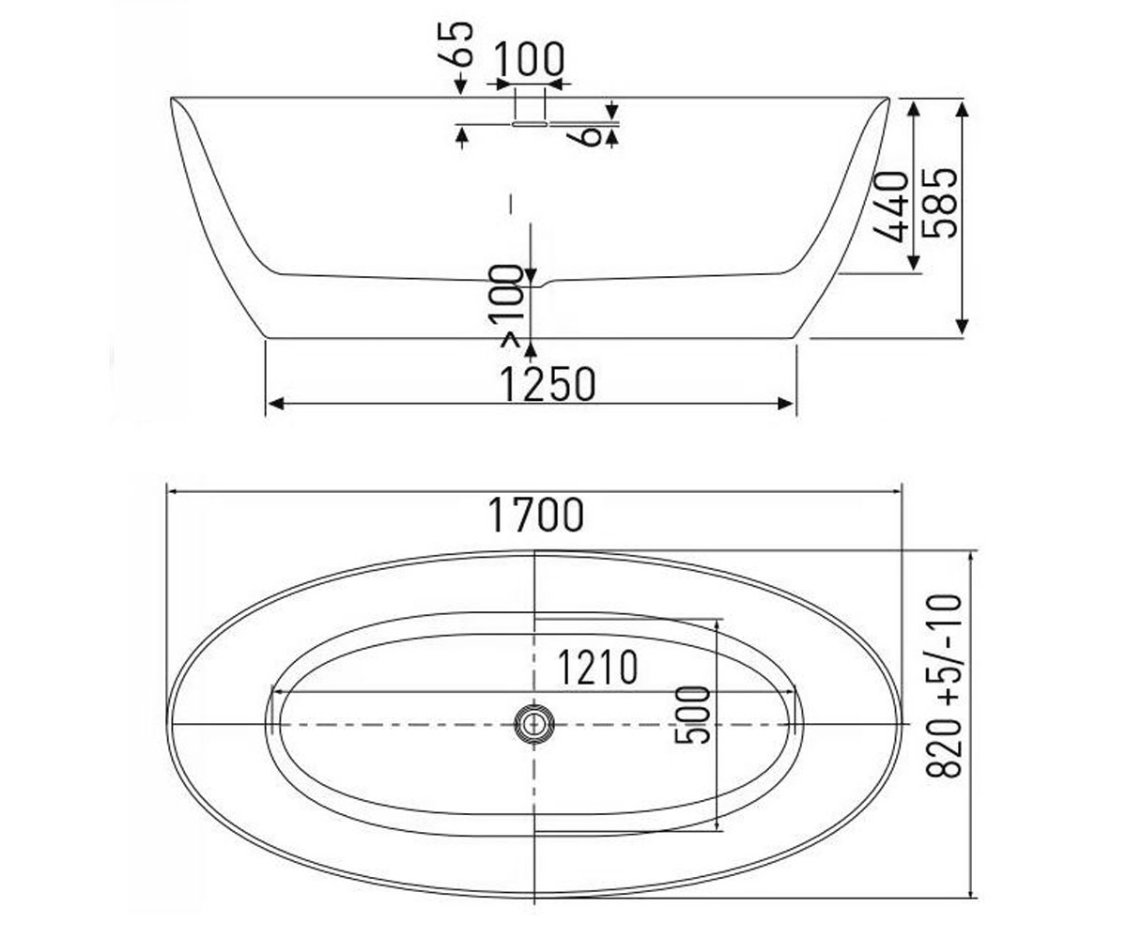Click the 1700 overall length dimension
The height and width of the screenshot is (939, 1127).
click(535, 515)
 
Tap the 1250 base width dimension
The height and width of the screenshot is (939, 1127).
click(548, 384)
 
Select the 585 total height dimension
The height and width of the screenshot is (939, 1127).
click(940, 203)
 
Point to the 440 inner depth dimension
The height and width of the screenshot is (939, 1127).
click(890, 207)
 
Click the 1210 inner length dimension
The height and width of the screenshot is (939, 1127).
click(597, 668)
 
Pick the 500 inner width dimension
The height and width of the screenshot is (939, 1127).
click(692, 715)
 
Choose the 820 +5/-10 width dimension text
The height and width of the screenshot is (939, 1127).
click(944, 685)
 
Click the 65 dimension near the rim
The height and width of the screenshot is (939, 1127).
click(460, 44)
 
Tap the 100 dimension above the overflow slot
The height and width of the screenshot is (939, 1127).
click(529, 59)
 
